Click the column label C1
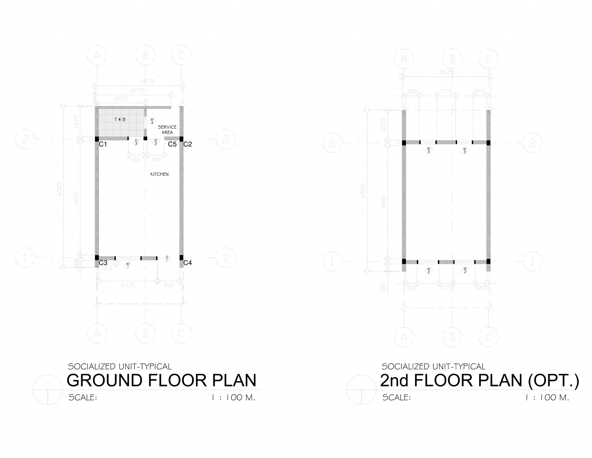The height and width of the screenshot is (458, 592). pyautogui.click(x=103, y=144)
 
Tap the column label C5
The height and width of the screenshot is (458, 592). pyautogui.click(x=172, y=144)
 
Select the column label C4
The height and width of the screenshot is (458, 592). pyautogui.click(x=188, y=263)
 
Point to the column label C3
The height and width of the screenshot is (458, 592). pyautogui.click(x=103, y=263)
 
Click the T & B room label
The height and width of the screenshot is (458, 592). pyautogui.click(x=120, y=119)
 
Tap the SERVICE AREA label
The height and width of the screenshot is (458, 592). pyautogui.click(x=167, y=130)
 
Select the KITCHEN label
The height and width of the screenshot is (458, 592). pyautogui.click(x=159, y=174)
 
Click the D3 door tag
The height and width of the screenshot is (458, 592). pyautogui.click(x=136, y=142)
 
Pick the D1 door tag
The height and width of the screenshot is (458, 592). pyautogui.click(x=167, y=258)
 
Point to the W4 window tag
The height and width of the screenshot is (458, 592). pyautogui.click(x=152, y=121)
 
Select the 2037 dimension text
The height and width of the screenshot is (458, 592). pyautogui.click(x=121, y=99)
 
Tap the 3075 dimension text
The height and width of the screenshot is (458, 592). pyautogui.click(x=137, y=91)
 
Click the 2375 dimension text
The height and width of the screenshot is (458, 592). pyautogui.click(x=128, y=285)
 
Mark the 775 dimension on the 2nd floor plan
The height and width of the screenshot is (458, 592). pyautogui.click(x=446, y=92)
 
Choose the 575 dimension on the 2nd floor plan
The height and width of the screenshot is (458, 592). pyautogui.click(x=446, y=288)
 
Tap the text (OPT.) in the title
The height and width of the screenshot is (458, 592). pyautogui.click(x=553, y=381)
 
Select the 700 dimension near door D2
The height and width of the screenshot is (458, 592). pyautogui.click(x=156, y=159)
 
